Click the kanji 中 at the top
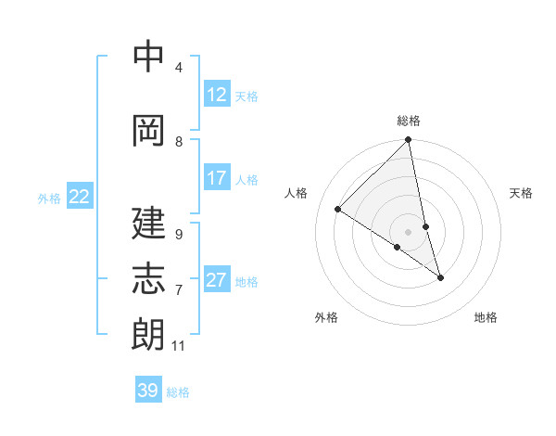coord(148,57)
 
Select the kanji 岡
coord(148,131)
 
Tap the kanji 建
coord(148,224)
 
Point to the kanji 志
coord(148,279)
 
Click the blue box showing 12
coord(217,95)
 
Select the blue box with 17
coord(217,178)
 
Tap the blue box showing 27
coord(217,280)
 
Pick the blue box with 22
coord(80,197)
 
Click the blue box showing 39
coord(148,391)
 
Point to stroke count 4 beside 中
coord(179,68)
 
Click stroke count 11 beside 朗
coord(179,346)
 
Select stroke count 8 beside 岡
coord(179,142)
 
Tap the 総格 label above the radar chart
coord(409,121)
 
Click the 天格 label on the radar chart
coord(522,193)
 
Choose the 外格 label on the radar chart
coord(326,317)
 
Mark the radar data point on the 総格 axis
coord(409,141)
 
